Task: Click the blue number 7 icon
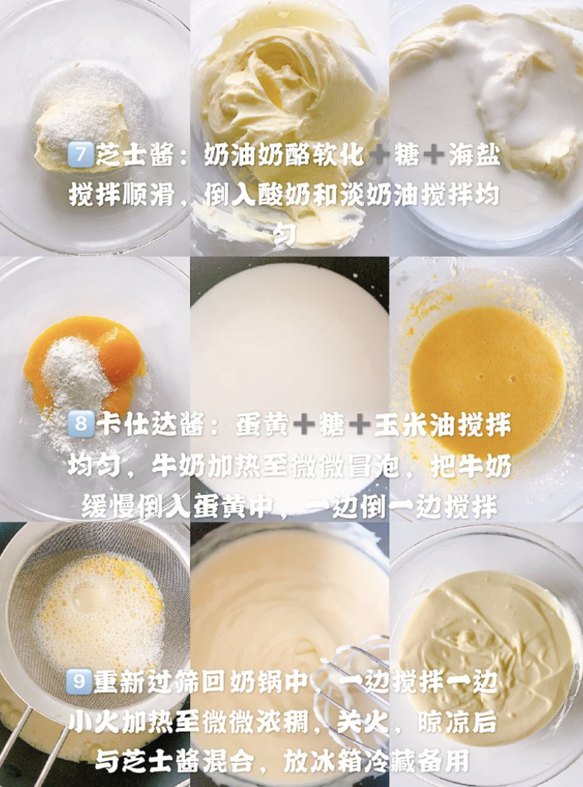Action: (80, 155)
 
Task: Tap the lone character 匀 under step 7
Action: (284, 234)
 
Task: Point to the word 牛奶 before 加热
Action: (178, 467)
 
